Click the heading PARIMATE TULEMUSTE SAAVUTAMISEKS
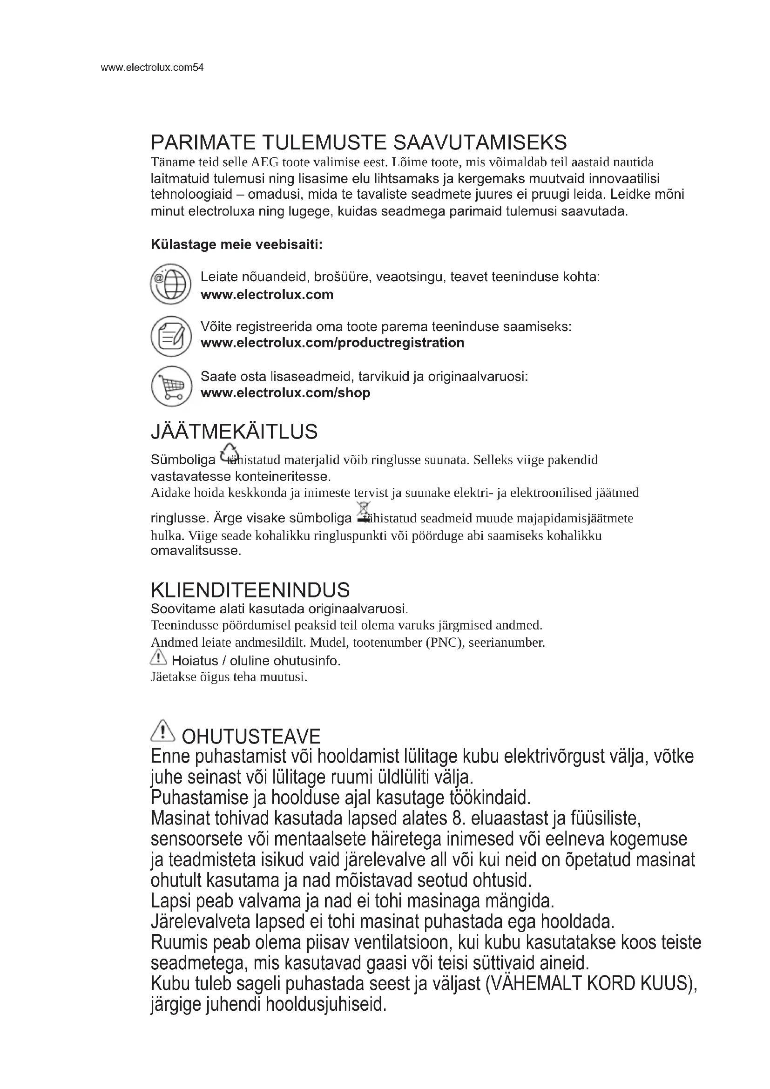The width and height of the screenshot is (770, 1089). [x=358, y=143]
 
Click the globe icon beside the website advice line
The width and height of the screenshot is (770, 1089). [x=171, y=284]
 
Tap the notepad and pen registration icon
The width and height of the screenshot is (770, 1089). [x=171, y=336]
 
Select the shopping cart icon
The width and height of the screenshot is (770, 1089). [x=171, y=386]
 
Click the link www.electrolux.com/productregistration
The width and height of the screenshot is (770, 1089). [x=332, y=343]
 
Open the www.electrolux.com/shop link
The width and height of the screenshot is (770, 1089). [x=285, y=393]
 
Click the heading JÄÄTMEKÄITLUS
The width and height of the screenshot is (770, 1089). [x=234, y=432]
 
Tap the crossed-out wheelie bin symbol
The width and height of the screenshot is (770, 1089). [x=364, y=512]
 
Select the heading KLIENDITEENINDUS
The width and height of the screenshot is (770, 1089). [x=250, y=590]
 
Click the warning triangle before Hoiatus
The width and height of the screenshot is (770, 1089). [x=158, y=658]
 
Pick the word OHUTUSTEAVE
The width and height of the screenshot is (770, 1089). [x=251, y=737]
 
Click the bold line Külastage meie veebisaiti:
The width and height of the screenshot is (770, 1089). [x=236, y=245]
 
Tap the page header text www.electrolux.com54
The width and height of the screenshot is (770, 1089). [x=152, y=68]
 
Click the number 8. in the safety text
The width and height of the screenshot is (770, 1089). [x=454, y=818]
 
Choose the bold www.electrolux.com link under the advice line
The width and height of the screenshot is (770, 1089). [x=267, y=295]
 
